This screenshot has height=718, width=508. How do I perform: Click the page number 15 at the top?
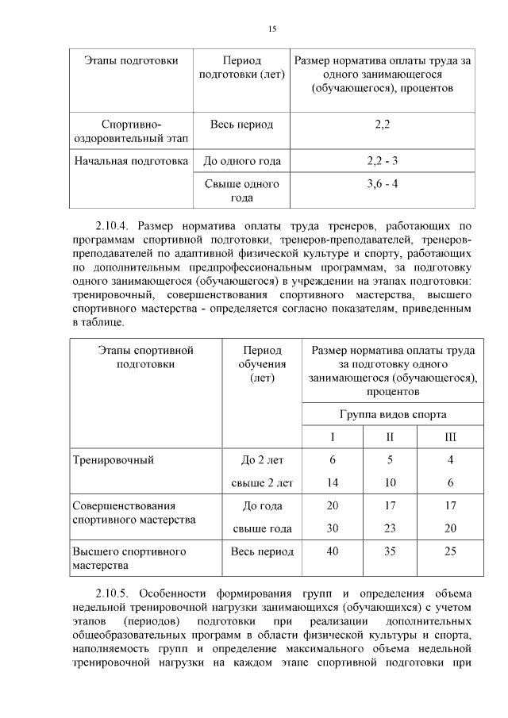pyautogui.click(x=271, y=29)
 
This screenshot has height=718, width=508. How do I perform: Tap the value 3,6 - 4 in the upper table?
pyautogui.click(x=382, y=184)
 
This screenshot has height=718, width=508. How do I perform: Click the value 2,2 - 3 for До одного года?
pyautogui.click(x=382, y=161)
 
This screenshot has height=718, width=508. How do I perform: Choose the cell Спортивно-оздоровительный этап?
pyautogui.click(x=131, y=132)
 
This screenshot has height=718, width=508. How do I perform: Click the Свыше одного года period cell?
pyautogui.click(x=241, y=191)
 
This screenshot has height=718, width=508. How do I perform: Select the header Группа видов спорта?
pyautogui.click(x=392, y=414)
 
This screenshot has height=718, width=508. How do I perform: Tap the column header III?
pyautogui.click(x=450, y=437)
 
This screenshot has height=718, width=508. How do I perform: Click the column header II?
pyautogui.click(x=390, y=437)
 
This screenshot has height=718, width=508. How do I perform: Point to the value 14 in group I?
pyautogui.click(x=333, y=482)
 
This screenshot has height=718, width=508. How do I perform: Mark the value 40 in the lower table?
pyautogui.click(x=333, y=551)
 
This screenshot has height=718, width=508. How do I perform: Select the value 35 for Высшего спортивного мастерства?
pyautogui.click(x=390, y=551)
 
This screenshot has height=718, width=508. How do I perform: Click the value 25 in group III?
pyautogui.click(x=450, y=551)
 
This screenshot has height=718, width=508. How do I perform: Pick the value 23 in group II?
pyautogui.click(x=390, y=528)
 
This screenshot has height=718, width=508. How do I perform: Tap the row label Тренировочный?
pyautogui.click(x=113, y=459)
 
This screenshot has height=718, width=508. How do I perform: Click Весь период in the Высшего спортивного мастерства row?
pyautogui.click(x=262, y=551)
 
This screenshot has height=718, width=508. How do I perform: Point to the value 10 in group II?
pyautogui.click(x=390, y=482)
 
